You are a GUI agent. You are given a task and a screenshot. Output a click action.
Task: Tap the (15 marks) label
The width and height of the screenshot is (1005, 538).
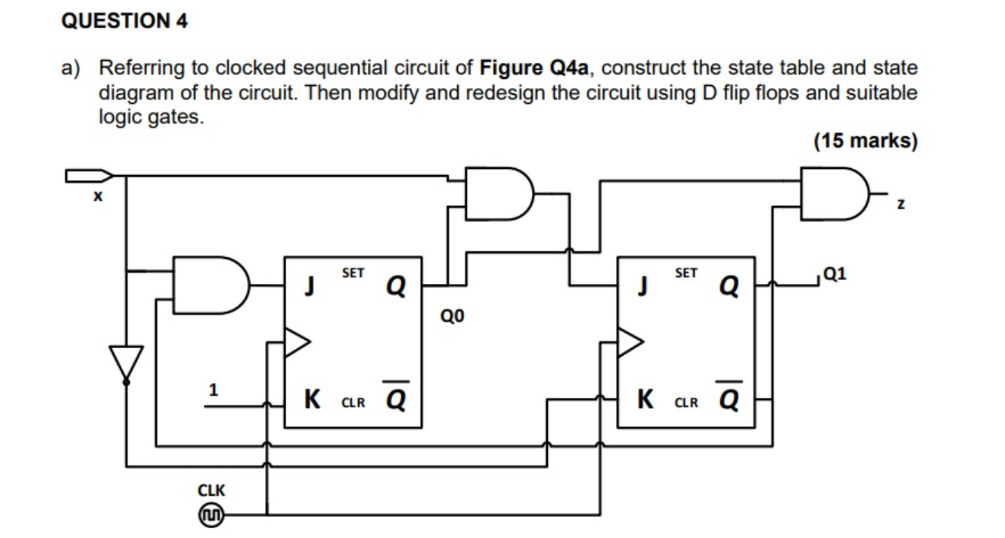coord(865,141)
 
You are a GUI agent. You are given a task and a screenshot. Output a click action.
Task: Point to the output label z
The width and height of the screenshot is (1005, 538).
coord(901,204)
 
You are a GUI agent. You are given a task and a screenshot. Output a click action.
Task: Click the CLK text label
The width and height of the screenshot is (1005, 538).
coord(211,491)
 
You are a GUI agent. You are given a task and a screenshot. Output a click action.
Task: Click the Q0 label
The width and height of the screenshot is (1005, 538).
coord(452,318)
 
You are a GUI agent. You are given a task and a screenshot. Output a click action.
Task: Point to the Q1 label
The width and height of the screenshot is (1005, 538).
coord(834,274)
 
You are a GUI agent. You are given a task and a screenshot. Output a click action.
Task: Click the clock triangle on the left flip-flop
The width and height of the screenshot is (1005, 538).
coord(297,343)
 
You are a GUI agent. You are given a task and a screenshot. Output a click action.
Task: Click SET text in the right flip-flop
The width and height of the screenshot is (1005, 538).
coord(686,274)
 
